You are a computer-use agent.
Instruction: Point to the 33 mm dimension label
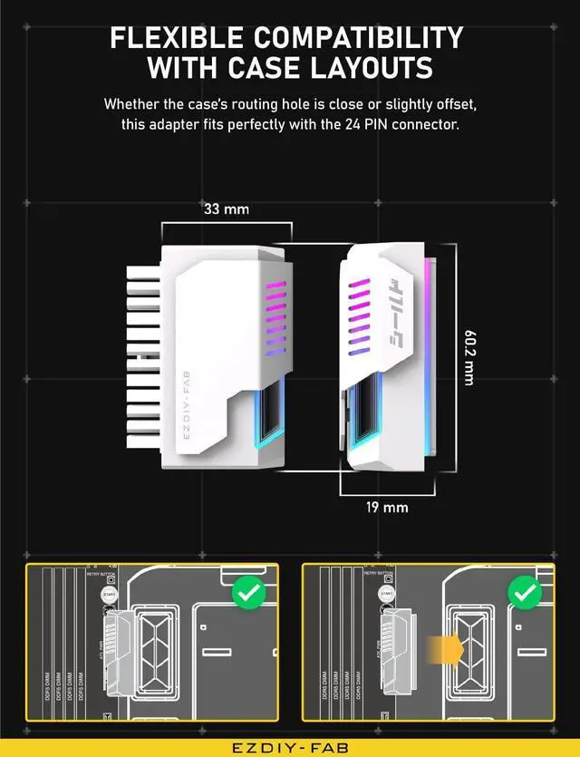click(225, 209)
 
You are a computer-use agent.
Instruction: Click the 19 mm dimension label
click(387, 508)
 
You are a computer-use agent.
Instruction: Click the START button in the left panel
click(109, 594)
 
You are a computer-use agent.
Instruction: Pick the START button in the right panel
click(387, 594)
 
